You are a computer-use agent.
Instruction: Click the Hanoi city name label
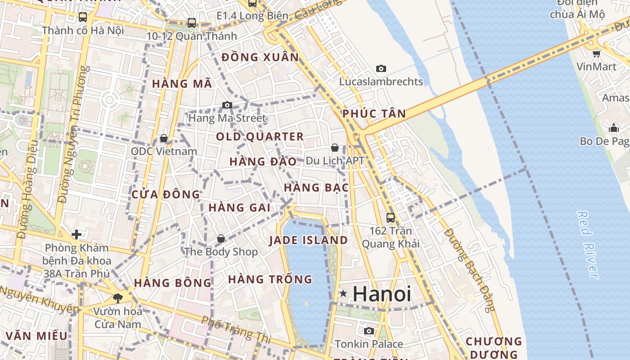[x=382, y=294]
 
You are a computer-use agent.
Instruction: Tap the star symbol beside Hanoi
[x=343, y=293]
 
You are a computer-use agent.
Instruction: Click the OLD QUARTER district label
[x=260, y=136]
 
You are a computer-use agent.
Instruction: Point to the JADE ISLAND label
[x=308, y=240]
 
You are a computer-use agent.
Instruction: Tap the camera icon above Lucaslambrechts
[x=381, y=68]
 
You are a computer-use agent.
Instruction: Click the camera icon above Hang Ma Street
[x=227, y=105]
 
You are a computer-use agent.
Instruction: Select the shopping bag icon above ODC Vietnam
[x=164, y=138]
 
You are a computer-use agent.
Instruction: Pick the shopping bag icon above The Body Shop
[x=220, y=238]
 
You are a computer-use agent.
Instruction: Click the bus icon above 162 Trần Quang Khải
[x=391, y=217]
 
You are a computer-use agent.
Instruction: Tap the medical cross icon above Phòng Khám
[x=76, y=234]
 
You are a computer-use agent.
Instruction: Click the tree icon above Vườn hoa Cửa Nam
[x=117, y=297]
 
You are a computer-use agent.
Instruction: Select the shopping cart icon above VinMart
[x=596, y=54]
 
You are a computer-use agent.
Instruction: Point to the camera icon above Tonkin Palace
[x=369, y=331]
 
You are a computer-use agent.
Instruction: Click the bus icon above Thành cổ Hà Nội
[x=83, y=17]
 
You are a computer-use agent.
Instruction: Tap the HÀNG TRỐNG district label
[x=270, y=279]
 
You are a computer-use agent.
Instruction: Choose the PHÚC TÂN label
[x=374, y=113]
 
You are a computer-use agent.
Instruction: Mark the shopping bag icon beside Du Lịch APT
[x=335, y=147]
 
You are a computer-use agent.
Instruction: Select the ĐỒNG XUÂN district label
[x=260, y=57]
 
